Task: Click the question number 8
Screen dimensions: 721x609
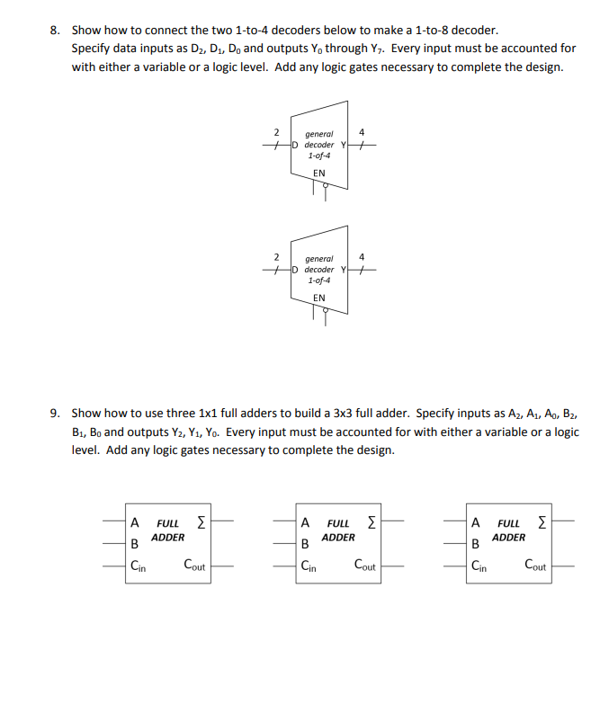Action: click(x=54, y=30)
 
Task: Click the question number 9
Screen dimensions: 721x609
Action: click(x=54, y=414)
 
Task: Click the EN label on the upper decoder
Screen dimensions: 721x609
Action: click(x=318, y=174)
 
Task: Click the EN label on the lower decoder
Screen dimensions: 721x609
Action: click(x=318, y=298)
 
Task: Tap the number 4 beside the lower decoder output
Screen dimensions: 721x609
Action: click(x=362, y=258)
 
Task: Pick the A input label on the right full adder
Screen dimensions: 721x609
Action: click(x=476, y=522)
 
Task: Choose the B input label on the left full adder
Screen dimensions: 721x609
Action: click(x=135, y=543)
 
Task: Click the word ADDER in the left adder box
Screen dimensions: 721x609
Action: click(x=167, y=538)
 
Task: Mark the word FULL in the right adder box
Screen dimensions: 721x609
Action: click(x=508, y=522)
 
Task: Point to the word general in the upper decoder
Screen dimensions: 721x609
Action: click(x=319, y=134)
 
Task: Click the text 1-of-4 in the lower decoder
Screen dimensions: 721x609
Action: click(x=319, y=280)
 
